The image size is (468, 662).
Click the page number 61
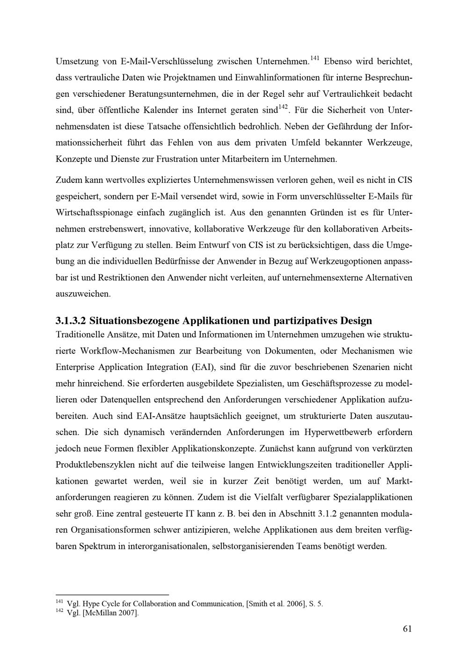pyautogui.click(x=407, y=629)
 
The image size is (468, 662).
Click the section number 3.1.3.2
pyautogui.click(x=71, y=321)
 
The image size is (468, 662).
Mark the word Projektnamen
pyautogui.click(x=177, y=77)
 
